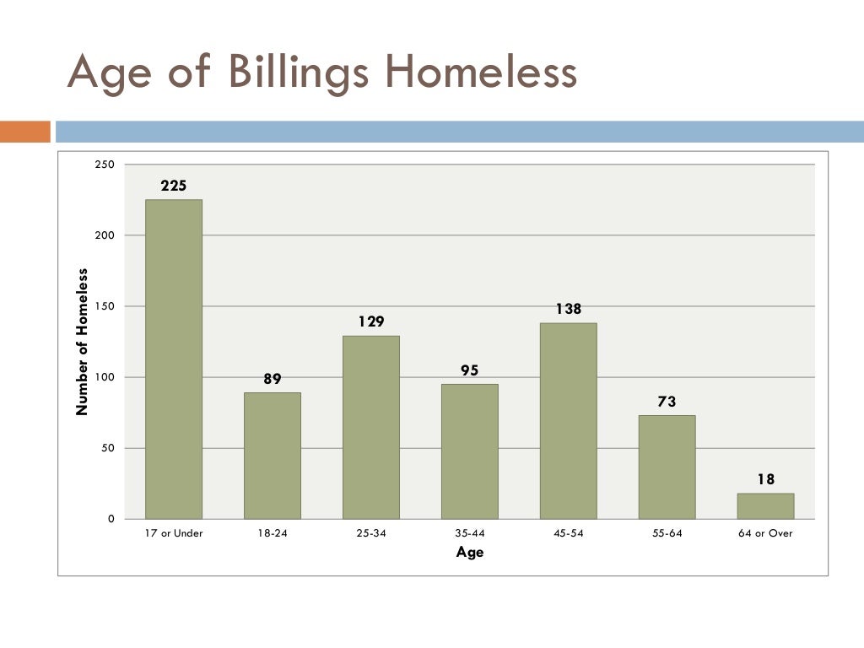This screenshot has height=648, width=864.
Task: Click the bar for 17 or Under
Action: [174, 359]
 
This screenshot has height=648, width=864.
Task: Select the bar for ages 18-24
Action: [273, 456]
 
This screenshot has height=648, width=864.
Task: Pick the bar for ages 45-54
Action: [569, 420]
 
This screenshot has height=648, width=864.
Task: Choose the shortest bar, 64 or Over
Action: [765, 506]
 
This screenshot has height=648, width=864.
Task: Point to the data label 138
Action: [569, 309]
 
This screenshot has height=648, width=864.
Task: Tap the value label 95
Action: [469, 370]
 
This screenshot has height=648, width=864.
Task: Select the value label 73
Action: [667, 402]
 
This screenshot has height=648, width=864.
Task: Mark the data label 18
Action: [765, 479]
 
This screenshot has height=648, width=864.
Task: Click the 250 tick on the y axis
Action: [105, 165]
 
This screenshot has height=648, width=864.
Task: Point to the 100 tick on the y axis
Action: [105, 377]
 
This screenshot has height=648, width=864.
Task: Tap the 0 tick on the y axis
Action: [111, 519]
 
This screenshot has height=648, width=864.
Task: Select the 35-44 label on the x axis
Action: [469, 533]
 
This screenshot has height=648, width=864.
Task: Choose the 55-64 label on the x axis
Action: [667, 533]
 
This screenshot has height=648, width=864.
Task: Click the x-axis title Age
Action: [470, 553]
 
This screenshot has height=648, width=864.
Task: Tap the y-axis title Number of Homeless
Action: [82, 342]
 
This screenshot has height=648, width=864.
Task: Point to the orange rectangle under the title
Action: [25, 132]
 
